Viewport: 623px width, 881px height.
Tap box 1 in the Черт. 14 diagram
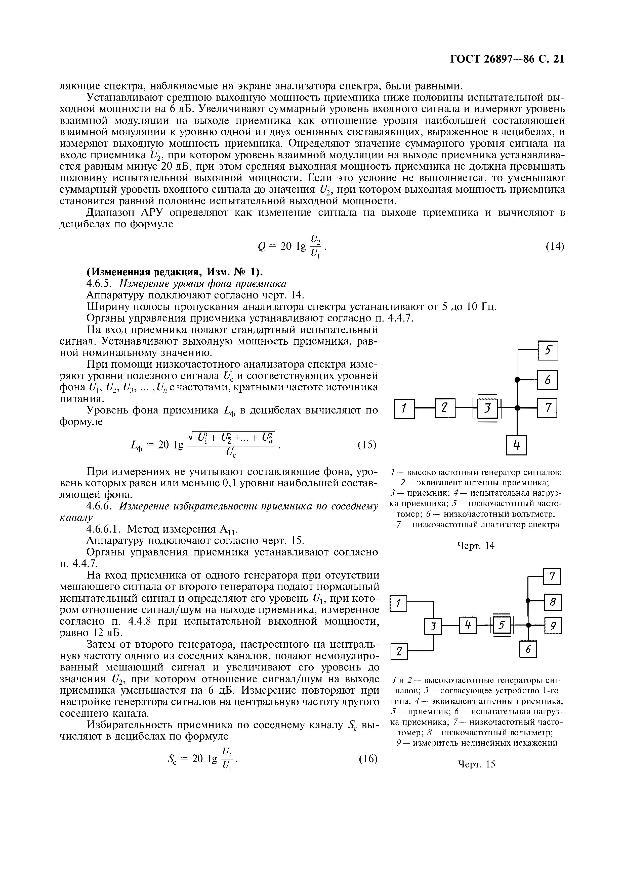404,408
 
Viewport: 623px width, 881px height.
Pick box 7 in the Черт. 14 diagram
547,408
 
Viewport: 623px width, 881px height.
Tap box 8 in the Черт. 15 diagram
553,602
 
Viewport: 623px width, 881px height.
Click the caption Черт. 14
476,546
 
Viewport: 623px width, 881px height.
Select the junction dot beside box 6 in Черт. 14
517,380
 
